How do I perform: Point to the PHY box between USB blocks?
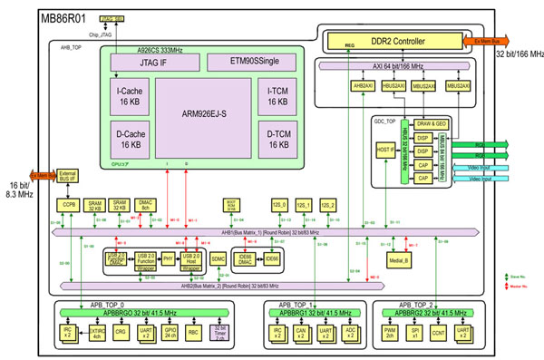pos(168,258)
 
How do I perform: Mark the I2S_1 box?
pos(304,206)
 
